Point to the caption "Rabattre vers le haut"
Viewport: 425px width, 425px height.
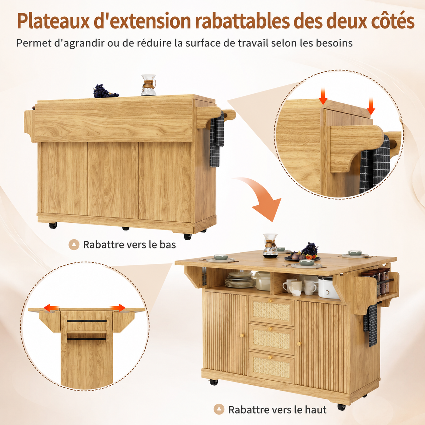pyautogui.click(x=277, y=410)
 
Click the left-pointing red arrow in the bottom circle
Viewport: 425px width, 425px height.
pyautogui.click(x=51, y=307)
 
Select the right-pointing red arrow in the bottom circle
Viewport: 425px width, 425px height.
pyautogui.click(x=118, y=307)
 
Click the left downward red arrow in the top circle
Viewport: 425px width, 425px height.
pyautogui.click(x=323, y=96)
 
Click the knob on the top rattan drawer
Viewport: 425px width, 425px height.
pyautogui.click(x=270, y=301)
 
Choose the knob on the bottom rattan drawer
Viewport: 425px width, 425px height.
pyautogui.click(x=269, y=357)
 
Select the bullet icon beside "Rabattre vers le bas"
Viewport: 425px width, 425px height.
pyautogui.click(x=74, y=245)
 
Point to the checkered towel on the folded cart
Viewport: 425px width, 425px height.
pyautogui.click(x=217, y=139)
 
